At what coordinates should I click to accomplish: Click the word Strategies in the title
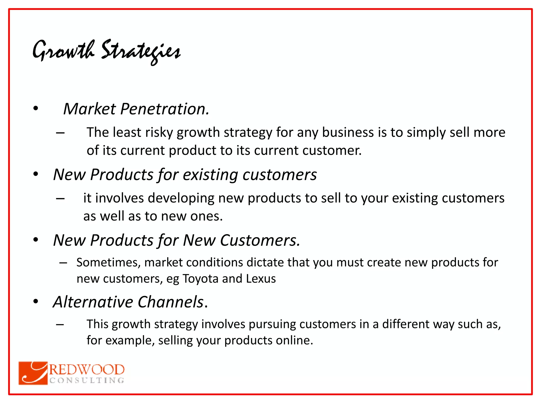pos(141,52)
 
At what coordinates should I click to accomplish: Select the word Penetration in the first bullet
pos(165,109)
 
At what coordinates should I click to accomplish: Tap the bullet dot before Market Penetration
pos(36,108)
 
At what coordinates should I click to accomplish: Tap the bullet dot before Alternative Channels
pos(36,302)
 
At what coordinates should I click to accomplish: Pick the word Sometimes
pos(108,262)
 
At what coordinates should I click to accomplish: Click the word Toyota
pos(200,279)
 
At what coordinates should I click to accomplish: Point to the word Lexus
pos(261,279)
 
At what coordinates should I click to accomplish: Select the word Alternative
pos(93,302)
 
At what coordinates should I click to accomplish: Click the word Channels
pos(170,302)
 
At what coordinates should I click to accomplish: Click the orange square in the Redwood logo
pos(33,373)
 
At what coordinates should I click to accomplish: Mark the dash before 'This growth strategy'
pos(60,324)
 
